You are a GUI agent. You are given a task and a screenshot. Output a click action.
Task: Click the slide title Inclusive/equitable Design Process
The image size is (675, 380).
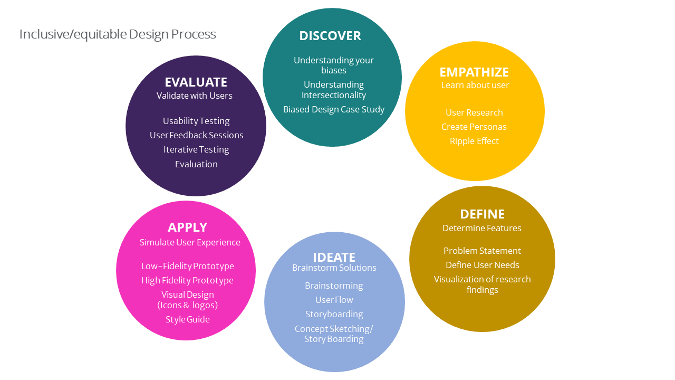click(118, 34)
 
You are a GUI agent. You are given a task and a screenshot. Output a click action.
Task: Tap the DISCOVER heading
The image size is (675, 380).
click(330, 36)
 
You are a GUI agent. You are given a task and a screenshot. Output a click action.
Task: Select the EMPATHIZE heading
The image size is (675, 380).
click(474, 72)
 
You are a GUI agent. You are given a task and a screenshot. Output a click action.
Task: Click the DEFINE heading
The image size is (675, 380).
click(482, 214)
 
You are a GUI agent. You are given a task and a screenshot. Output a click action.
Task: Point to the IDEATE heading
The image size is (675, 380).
click(334, 258)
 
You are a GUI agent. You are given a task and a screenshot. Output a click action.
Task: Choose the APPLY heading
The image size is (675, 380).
click(187, 227)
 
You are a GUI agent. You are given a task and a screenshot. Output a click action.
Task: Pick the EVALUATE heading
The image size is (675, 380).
click(196, 82)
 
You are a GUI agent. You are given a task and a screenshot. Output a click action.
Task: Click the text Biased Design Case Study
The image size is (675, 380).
click(334, 110)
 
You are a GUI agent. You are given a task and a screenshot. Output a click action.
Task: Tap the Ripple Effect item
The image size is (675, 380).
click(474, 141)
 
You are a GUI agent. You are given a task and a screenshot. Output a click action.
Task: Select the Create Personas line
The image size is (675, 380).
click(474, 127)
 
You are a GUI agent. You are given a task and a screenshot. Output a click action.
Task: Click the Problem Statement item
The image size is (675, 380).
click(482, 251)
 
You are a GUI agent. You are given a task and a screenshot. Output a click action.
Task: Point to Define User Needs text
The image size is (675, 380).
click(482, 265)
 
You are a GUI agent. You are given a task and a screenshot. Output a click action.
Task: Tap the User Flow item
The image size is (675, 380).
click(334, 300)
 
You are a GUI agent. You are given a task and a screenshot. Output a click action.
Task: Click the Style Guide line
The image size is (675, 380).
click(187, 320)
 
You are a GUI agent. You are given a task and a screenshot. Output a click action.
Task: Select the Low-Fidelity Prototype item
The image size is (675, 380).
click(187, 267)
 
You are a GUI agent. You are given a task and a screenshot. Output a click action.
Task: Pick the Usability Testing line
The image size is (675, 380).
click(196, 121)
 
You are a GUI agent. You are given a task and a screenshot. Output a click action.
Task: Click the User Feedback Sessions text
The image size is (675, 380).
click(196, 136)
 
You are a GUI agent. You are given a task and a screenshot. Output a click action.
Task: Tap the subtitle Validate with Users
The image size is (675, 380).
click(194, 96)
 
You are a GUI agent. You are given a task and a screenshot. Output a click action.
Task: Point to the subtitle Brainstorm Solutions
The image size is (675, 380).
click(334, 268)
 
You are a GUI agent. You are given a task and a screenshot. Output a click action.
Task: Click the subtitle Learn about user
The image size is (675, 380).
click(475, 85)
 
